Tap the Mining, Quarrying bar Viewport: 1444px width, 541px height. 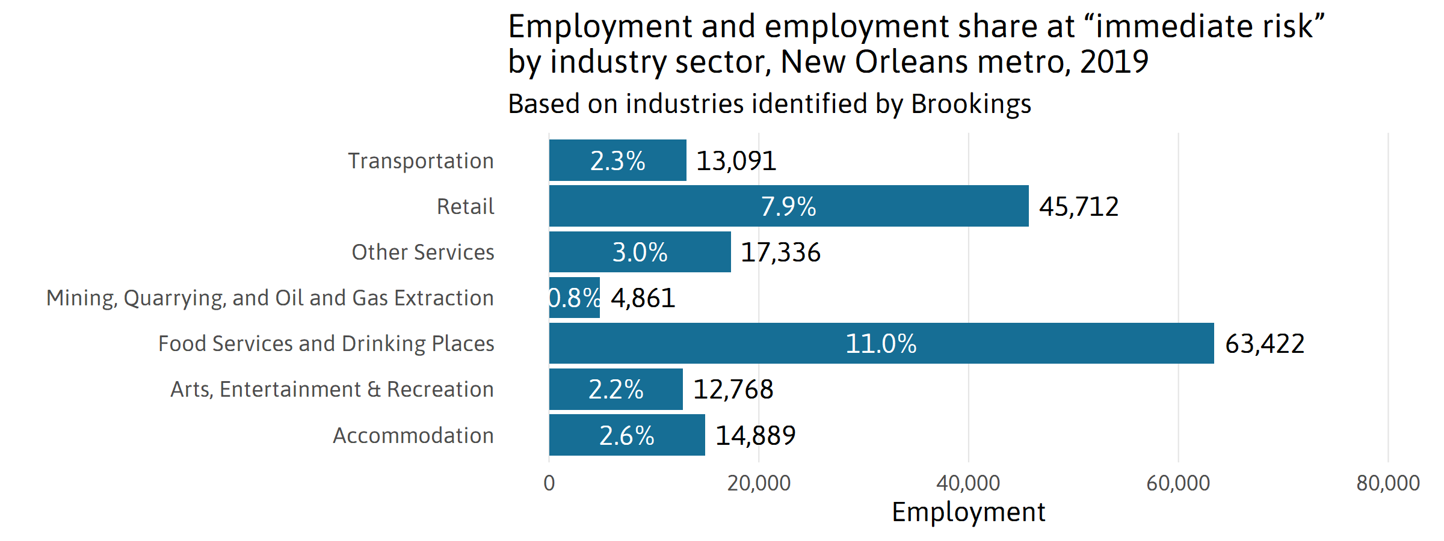pyautogui.click(x=575, y=298)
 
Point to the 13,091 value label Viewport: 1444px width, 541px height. pyautogui.click(x=736, y=161)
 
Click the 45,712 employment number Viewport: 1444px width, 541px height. pyautogui.click(x=1079, y=207)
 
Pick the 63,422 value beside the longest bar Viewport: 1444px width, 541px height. pyautogui.click(x=1265, y=344)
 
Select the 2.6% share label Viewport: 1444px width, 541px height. pyautogui.click(x=626, y=435)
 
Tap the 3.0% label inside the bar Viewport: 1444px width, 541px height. pyautogui.click(x=640, y=252)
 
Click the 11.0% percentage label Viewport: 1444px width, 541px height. pyautogui.click(x=881, y=344)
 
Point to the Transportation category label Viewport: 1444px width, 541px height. pyautogui.click(x=421, y=161)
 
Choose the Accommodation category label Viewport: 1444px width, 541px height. pyautogui.click(x=413, y=435)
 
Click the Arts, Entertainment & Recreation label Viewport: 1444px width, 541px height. pyautogui.click(x=332, y=390)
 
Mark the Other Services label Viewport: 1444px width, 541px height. pyautogui.click(x=423, y=252)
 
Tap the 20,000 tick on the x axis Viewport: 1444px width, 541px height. pyautogui.click(x=759, y=483)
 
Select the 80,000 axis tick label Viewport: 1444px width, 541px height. pyautogui.click(x=1387, y=483)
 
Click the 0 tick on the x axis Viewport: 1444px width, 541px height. pyautogui.click(x=549, y=483)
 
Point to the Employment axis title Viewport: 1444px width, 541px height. pyautogui.click(x=968, y=512)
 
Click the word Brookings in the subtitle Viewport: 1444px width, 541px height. pyautogui.click(x=970, y=104)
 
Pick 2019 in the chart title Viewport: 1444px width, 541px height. pyautogui.click(x=1114, y=61)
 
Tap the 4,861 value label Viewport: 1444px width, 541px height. pyautogui.click(x=643, y=298)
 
